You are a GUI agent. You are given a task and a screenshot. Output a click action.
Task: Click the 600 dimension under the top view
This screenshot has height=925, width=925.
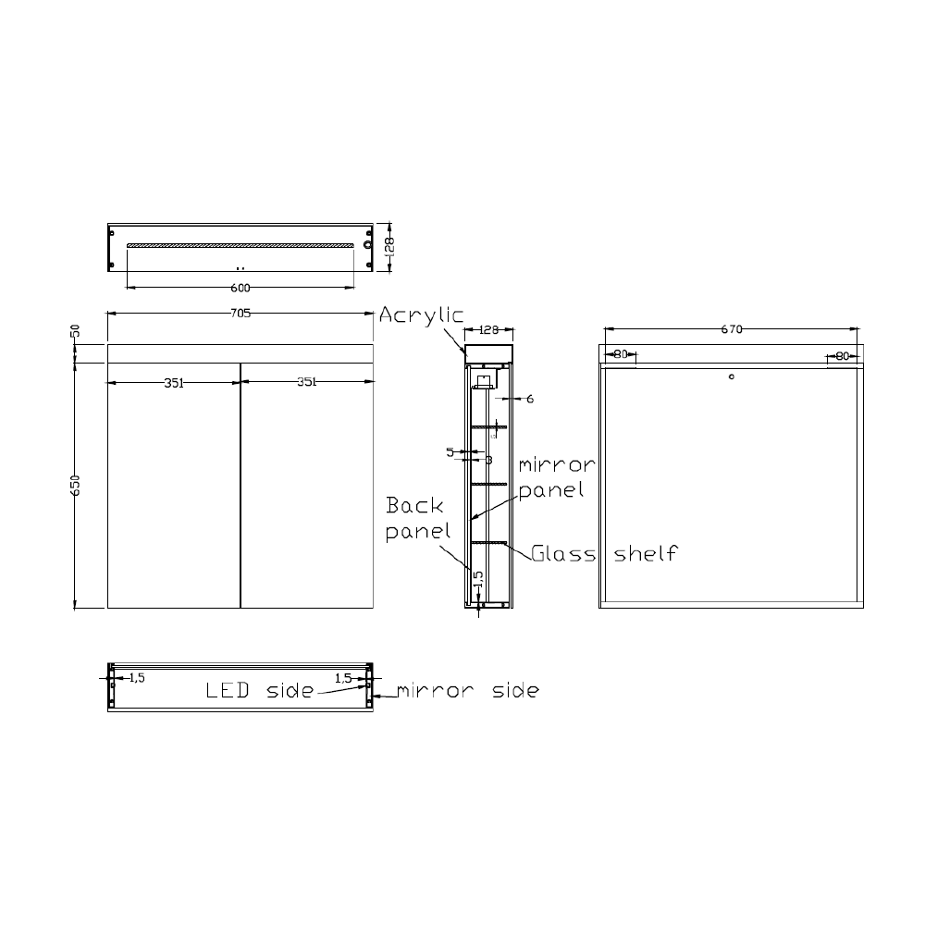tap(240, 287)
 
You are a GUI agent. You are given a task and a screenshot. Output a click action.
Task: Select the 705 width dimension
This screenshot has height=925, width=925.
tap(240, 313)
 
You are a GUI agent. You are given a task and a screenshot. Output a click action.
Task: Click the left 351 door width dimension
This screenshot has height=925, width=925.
tap(174, 383)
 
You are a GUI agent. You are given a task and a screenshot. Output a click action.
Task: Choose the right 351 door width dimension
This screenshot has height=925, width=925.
tap(308, 383)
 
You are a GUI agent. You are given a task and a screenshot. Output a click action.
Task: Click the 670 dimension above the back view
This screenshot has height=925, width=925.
tap(731, 328)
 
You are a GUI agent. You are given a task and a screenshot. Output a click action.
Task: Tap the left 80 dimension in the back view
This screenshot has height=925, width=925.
tap(620, 355)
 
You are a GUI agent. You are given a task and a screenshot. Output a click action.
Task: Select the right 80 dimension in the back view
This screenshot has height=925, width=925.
tap(842, 355)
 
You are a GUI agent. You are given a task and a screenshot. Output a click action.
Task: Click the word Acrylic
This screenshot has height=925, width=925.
tap(421, 315)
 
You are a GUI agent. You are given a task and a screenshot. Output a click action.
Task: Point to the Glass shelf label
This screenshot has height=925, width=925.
tap(605, 553)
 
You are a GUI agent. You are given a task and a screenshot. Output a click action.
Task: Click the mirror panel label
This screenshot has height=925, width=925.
tap(555, 476)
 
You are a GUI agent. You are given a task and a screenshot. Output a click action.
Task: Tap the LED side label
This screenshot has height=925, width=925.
tap(258, 690)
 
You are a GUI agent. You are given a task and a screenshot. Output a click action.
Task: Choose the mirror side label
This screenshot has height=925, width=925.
tap(468, 690)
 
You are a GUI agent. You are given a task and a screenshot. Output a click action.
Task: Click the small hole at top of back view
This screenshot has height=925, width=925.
tap(731, 376)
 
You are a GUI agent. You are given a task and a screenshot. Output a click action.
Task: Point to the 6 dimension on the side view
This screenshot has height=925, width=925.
tap(530, 400)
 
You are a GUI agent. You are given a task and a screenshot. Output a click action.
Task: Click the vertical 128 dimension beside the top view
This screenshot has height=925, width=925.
tap(389, 245)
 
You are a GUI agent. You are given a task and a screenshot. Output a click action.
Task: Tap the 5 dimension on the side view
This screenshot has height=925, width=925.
tap(450, 452)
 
